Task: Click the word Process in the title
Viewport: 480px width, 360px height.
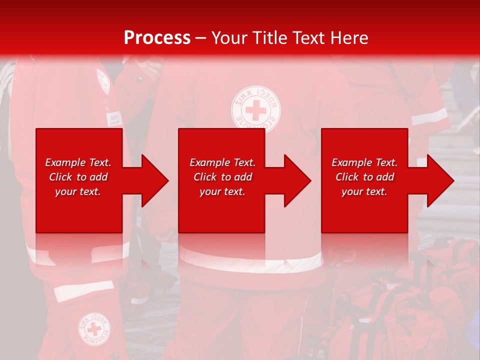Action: coord(157,38)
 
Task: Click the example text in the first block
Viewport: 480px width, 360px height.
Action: coord(78,177)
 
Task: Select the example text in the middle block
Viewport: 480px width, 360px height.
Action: coord(222,177)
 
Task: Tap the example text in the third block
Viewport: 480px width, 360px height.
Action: coord(364,177)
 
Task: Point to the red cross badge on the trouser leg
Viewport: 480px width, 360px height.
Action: coord(94,328)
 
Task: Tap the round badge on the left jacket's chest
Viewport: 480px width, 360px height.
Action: coord(103,80)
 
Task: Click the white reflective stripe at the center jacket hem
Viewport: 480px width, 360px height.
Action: coord(250,262)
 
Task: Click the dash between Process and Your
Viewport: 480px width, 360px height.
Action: coord(201,38)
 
